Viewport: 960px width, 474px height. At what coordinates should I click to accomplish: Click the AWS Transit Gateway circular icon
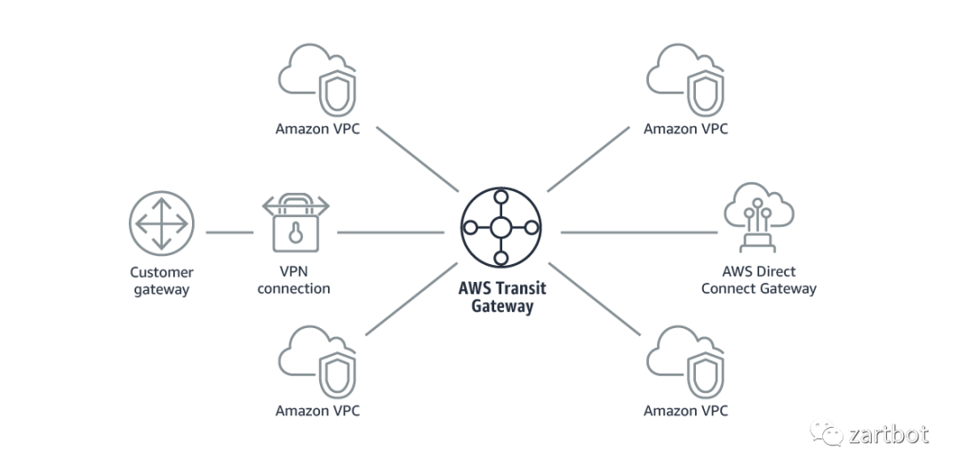click(x=500, y=228)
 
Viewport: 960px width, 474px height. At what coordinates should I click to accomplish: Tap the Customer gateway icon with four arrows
click(x=161, y=222)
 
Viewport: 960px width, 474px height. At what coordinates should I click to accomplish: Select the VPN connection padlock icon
click(x=295, y=225)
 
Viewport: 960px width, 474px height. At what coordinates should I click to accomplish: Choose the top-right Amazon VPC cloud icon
click(x=686, y=82)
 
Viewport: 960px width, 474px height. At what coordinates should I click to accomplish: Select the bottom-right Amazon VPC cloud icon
click(x=686, y=363)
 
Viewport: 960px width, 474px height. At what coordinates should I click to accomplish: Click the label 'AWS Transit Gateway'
click(x=501, y=299)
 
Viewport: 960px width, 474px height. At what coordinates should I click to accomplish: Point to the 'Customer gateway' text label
click(x=161, y=280)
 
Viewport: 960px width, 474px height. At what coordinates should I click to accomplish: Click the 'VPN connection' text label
click(x=293, y=280)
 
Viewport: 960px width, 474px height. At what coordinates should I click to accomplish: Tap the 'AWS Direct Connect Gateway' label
click(x=758, y=280)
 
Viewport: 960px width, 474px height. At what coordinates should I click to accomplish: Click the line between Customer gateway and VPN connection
click(x=229, y=233)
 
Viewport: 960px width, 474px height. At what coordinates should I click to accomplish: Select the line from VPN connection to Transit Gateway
click(x=391, y=233)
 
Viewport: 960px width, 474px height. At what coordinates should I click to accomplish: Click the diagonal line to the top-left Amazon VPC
click(x=416, y=157)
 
